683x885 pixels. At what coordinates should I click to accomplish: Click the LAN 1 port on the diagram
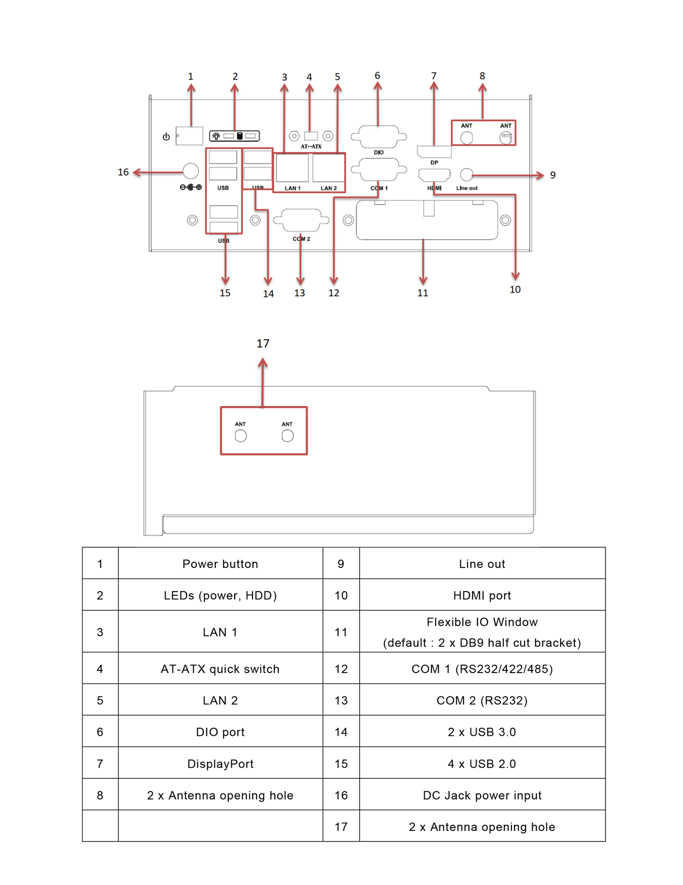coord(292,168)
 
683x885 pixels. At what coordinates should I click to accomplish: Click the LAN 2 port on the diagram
coord(328,168)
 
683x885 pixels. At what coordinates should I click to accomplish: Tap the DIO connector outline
coord(378,137)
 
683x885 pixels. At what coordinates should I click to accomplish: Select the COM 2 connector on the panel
coord(301,220)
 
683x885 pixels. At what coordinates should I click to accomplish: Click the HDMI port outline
coord(434,175)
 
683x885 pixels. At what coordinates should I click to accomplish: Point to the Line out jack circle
coord(466,175)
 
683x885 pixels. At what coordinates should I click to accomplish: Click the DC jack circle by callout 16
coord(191,171)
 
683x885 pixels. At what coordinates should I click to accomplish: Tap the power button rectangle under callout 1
coord(189,136)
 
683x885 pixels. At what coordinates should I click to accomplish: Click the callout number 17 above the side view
coord(263,344)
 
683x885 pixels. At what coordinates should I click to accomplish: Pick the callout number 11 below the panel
coord(422,293)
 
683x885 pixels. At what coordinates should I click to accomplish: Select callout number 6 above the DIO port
coord(377,75)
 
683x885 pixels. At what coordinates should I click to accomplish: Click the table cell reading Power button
coord(221,563)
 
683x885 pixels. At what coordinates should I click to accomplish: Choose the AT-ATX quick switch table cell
coord(221,669)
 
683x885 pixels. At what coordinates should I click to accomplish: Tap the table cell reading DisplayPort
coord(221,763)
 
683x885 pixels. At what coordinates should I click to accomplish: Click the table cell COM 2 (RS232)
coord(482,700)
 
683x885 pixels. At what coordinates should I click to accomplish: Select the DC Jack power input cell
coord(482,795)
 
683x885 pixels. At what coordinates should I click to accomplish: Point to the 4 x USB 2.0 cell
coord(482,763)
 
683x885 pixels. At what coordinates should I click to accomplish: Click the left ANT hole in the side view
coord(241,436)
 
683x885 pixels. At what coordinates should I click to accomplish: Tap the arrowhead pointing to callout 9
coord(540,175)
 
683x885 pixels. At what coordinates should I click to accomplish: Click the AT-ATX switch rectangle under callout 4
coord(311,136)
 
